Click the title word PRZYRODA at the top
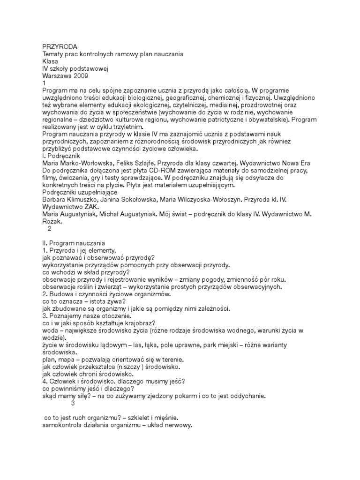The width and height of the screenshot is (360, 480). coord(60,46)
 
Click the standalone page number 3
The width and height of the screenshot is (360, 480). coord(73,403)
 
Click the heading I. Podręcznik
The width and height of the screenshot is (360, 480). coord(61,155)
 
